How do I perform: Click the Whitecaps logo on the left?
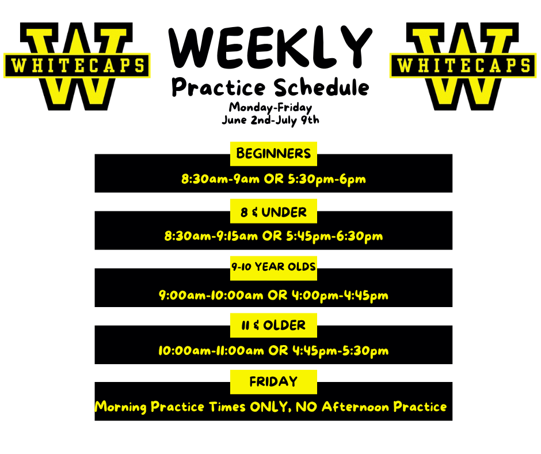point(77,65)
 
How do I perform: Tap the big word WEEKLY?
point(270,48)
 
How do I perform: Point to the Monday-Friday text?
point(270,107)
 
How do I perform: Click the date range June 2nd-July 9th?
point(270,120)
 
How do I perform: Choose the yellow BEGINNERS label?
point(273,154)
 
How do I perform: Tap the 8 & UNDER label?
point(273,213)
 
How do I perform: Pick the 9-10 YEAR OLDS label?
point(273,267)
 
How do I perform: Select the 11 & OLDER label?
point(273,326)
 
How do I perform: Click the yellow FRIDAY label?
point(273,381)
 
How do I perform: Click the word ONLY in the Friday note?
point(270,407)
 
